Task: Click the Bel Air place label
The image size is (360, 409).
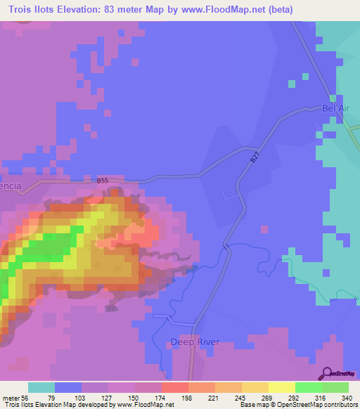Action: (335, 108)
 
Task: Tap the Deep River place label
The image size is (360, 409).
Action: (195, 342)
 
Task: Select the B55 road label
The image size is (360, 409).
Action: (103, 181)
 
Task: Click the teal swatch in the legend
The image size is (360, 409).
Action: (41, 387)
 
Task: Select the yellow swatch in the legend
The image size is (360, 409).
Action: (281, 387)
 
